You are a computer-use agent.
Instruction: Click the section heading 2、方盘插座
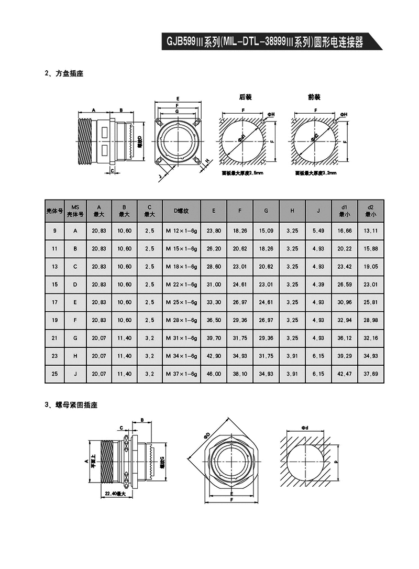point(64,74)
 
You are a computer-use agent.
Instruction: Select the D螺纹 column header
point(181,211)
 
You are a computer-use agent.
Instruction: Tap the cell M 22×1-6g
point(181,284)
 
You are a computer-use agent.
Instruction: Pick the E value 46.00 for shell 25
point(214,374)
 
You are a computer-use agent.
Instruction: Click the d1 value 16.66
point(345,231)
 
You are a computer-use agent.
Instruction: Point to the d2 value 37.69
point(370,374)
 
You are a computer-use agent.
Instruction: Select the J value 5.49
point(318,231)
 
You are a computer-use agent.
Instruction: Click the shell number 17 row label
point(55,302)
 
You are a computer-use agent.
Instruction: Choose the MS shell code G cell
point(75,338)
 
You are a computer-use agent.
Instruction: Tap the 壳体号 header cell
point(55,211)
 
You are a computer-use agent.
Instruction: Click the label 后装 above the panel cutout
point(246,97)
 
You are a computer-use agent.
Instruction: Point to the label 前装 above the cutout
point(314,97)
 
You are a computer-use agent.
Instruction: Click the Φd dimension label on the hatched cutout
point(305,428)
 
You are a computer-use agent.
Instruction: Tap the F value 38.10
point(240,374)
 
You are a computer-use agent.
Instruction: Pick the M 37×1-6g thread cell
point(181,374)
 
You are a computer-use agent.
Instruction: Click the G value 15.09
point(266,231)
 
